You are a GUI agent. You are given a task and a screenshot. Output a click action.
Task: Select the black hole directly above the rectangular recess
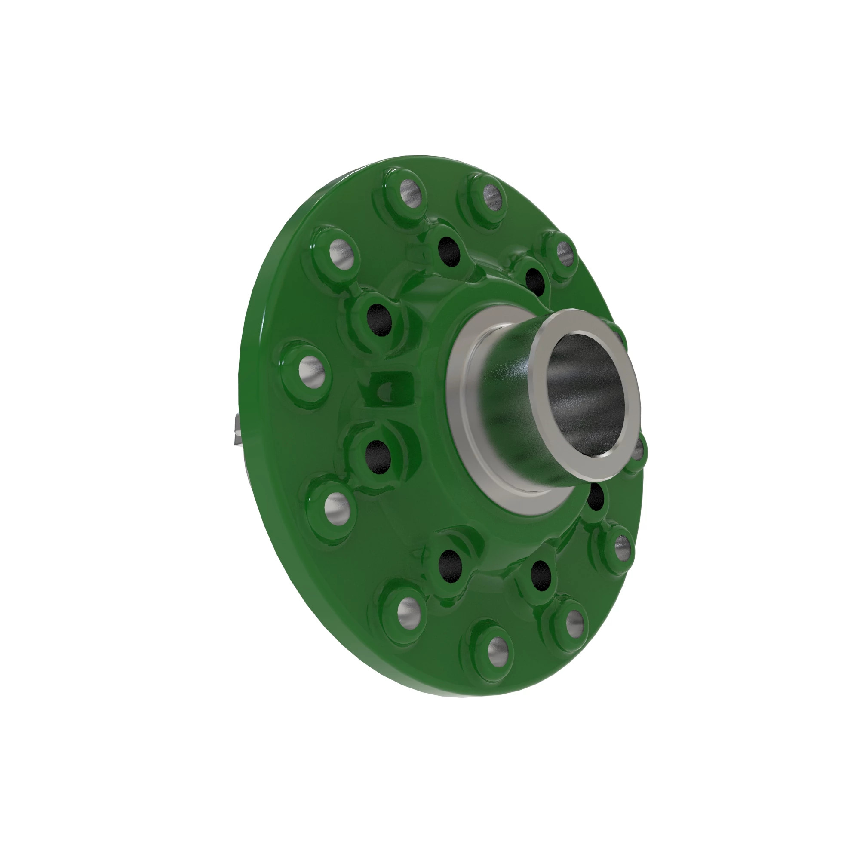[379, 319]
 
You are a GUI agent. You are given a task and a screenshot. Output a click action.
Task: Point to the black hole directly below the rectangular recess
[378, 457]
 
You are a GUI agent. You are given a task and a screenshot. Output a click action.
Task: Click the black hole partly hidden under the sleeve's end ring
[595, 498]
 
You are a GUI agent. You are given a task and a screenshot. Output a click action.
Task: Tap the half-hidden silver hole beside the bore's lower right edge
[637, 452]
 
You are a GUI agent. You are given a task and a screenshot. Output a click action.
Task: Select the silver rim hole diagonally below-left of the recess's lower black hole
[337, 508]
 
